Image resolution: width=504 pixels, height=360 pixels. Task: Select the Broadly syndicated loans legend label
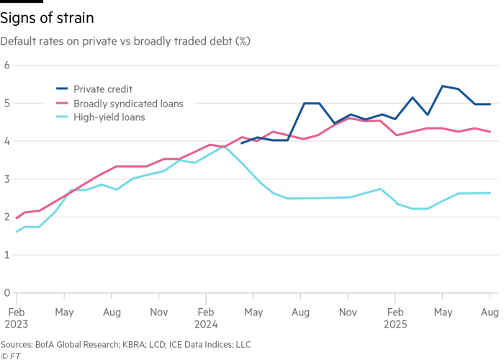tap(119, 103)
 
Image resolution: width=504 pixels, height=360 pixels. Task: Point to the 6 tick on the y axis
tap(6, 65)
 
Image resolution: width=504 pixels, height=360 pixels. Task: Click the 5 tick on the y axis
tap(6, 103)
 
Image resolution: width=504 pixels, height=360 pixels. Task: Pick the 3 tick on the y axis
tap(6, 179)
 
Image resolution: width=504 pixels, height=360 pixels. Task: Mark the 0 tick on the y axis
tap(6, 292)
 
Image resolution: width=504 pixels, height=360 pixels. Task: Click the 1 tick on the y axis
tap(6, 254)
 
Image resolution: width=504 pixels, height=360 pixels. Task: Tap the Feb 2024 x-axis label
tap(205, 318)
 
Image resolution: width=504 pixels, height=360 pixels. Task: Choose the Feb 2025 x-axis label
tap(395, 318)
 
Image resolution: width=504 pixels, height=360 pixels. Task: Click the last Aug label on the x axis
tap(490, 313)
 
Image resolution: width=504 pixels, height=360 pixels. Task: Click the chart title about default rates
tap(125, 42)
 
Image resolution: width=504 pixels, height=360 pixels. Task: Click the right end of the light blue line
tap(490, 193)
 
